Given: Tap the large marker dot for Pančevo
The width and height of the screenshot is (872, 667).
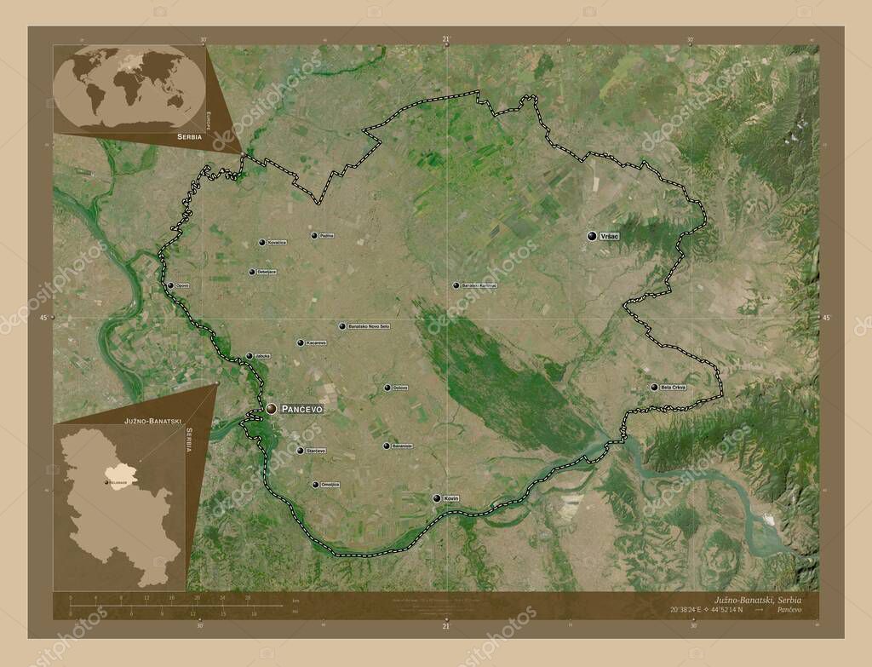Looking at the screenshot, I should coord(271,410).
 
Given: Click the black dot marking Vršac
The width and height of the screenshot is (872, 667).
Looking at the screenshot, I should coord(592,236).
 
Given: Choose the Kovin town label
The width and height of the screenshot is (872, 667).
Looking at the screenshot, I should coord(451,498).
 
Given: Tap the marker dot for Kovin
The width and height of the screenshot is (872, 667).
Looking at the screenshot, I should coord(437,498).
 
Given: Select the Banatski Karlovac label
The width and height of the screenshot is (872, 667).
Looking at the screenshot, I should coord(479,285).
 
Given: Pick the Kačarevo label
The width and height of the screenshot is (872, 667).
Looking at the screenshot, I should coord(313,343).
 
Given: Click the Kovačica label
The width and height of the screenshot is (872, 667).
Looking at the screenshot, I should coord(277,243).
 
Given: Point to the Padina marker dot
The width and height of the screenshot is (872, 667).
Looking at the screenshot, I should coord(313,235).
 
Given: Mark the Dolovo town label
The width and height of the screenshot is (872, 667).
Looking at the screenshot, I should coord(400,388).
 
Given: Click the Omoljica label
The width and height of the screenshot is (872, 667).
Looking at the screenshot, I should coord(330,485).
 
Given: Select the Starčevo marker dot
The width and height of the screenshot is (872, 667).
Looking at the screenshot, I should coord(300,451).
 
